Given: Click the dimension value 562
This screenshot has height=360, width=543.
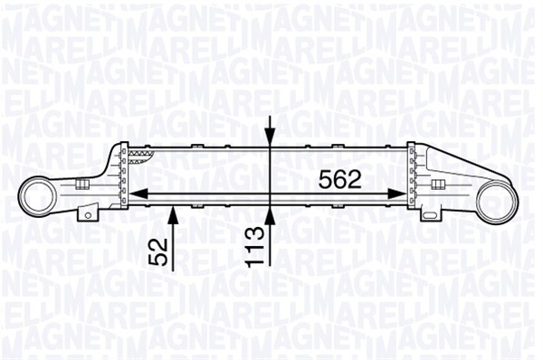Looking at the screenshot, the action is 340,179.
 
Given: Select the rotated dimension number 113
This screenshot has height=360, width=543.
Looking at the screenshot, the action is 255,247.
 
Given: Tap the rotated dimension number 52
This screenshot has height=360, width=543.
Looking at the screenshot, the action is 158,251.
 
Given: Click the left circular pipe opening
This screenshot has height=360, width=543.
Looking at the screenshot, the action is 38,196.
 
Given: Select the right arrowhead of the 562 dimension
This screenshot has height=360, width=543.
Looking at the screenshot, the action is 396,194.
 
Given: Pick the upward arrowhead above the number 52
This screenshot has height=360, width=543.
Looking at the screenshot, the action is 173,215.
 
